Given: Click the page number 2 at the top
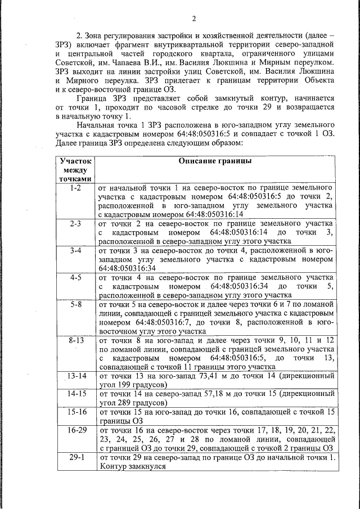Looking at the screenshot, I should click(x=193, y=19).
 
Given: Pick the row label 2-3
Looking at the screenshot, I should click(x=75, y=224).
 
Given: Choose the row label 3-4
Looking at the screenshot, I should click(x=75, y=251).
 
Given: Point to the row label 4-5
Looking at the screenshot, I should click(x=75, y=278).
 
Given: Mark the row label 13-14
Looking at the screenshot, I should click(x=76, y=376).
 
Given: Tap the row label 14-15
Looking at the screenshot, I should click(x=76, y=394).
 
